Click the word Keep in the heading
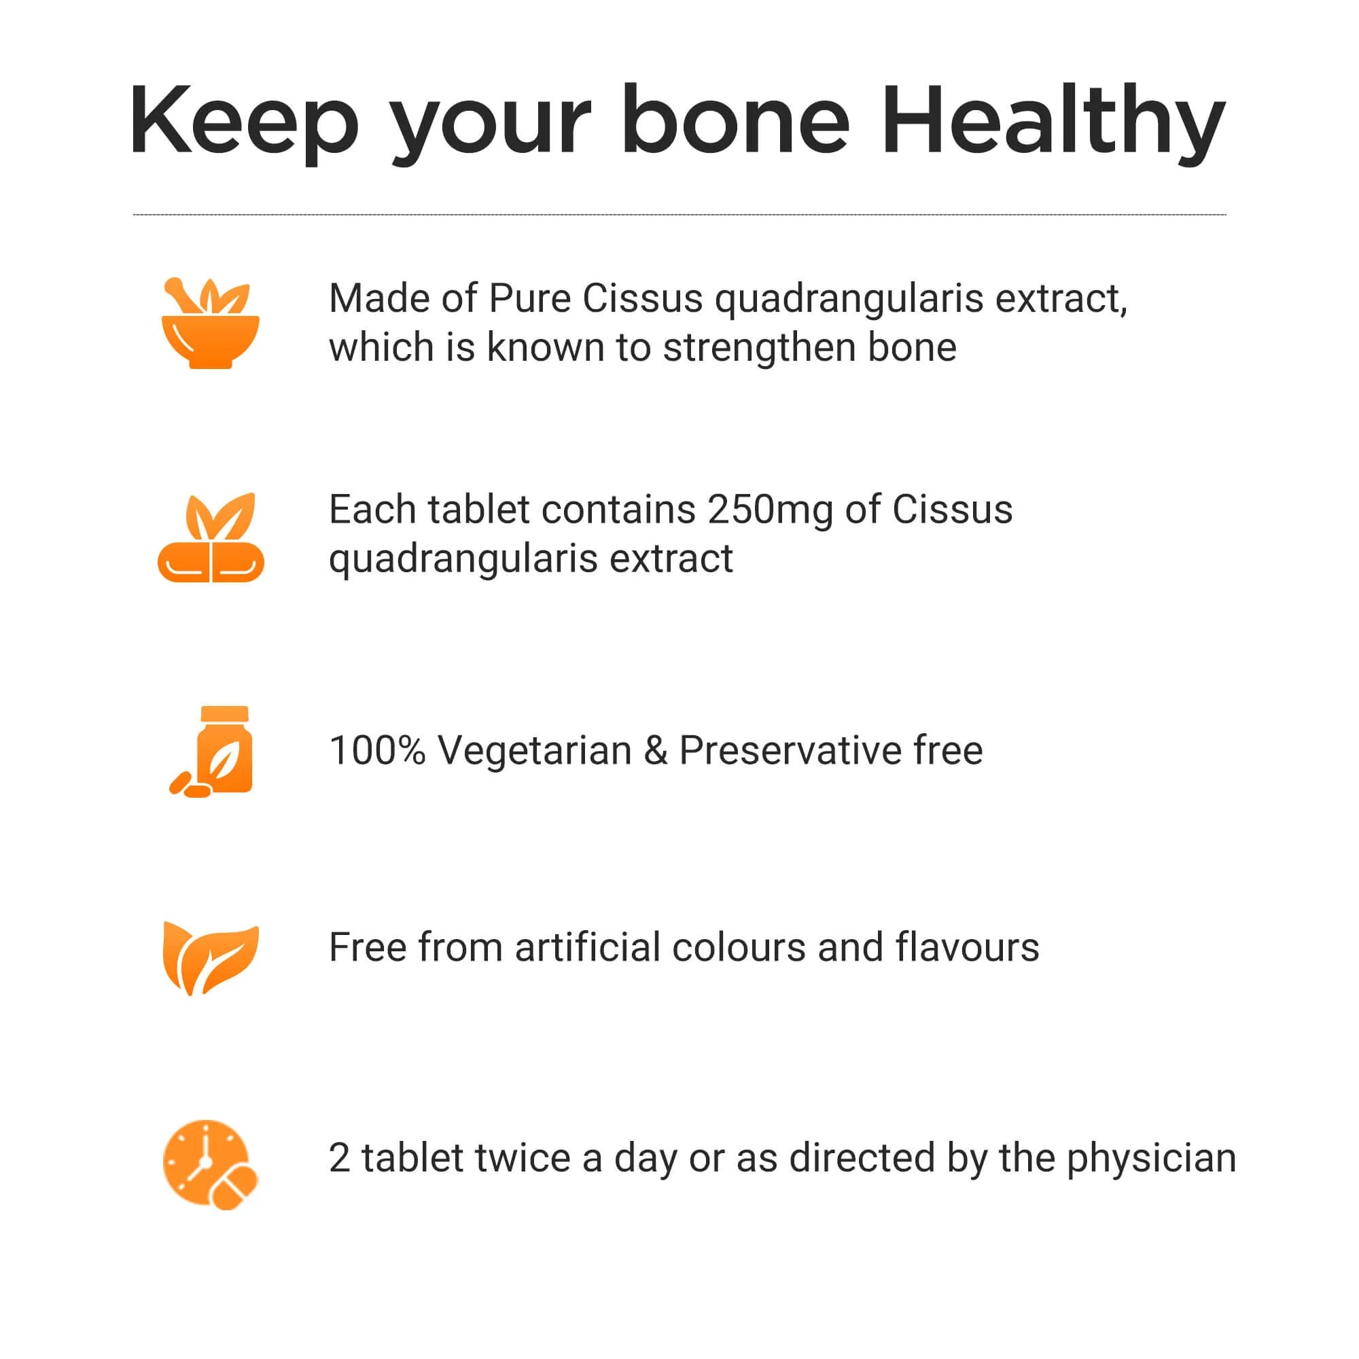[243, 121]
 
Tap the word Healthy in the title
[1053, 121]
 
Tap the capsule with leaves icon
[211, 537]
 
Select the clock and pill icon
[211, 1165]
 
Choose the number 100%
[378, 750]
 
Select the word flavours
[967, 947]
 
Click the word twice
[522, 1158]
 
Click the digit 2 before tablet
[340, 1158]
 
